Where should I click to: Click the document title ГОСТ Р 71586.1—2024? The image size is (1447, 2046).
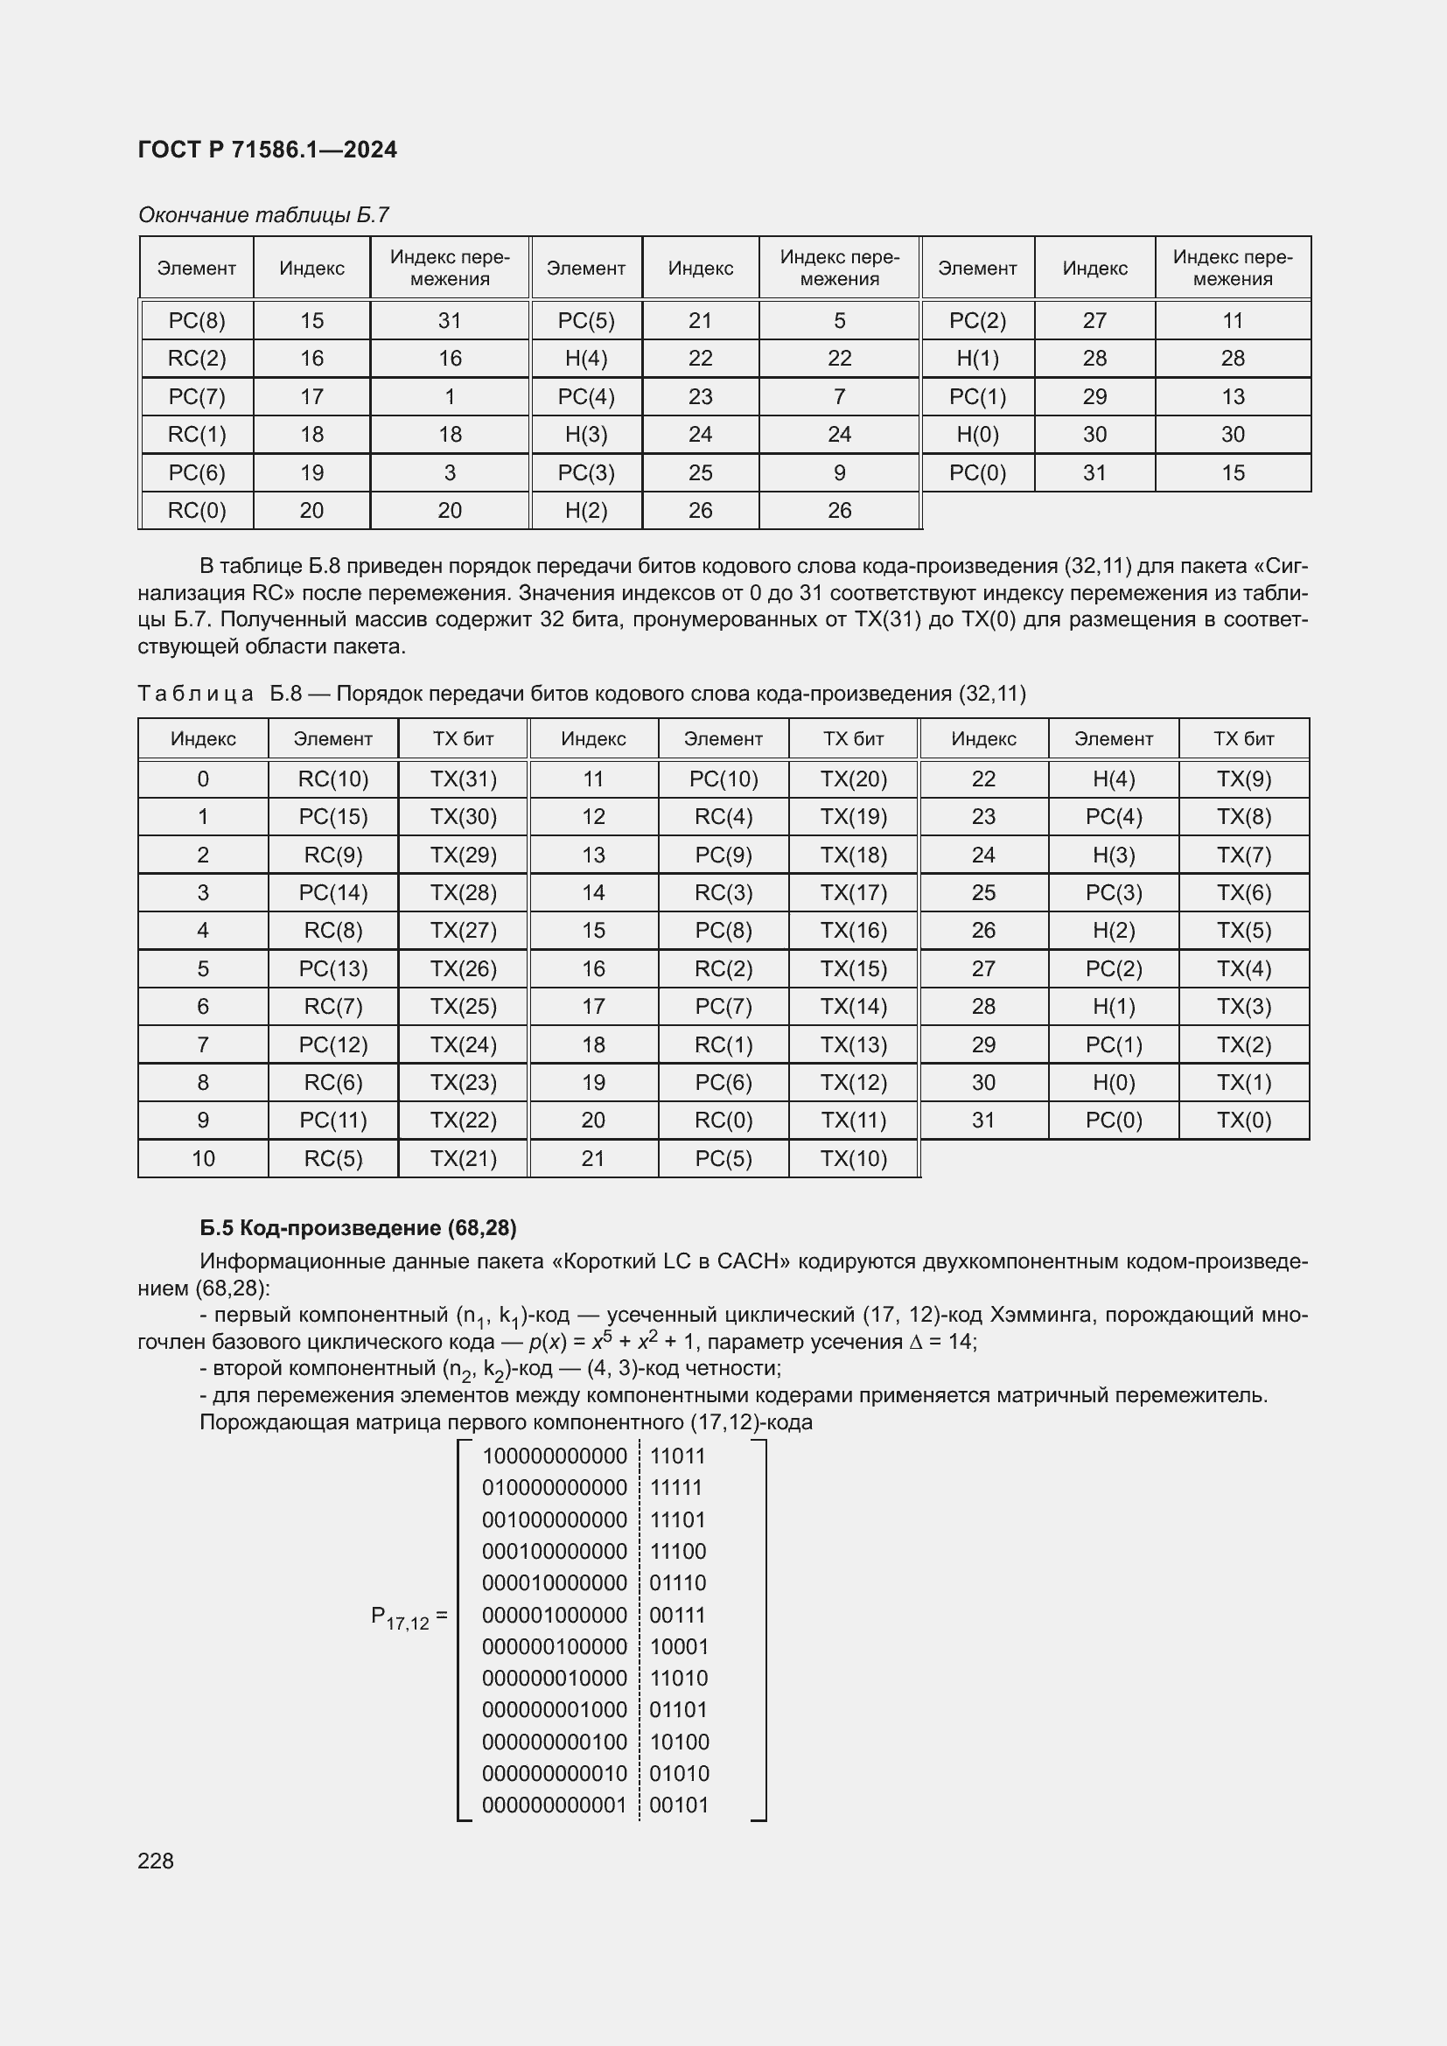[268, 150]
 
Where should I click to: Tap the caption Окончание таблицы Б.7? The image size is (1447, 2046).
[263, 215]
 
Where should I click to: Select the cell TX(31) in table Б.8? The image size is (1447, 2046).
[464, 779]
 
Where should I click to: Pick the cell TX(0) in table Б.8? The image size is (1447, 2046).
[1244, 1121]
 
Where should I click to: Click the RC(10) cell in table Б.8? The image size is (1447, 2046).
[333, 779]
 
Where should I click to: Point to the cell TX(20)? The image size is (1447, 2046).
[854, 779]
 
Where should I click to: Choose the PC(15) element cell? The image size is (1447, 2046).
[333, 817]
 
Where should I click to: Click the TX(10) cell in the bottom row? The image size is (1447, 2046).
[854, 1158]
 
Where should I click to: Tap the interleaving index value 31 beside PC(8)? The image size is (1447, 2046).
[450, 321]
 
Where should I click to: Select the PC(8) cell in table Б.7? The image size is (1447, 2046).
[197, 321]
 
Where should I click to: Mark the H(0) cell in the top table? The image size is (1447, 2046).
[977, 435]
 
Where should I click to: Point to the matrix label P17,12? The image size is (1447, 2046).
[402, 1617]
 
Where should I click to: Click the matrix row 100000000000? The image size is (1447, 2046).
[554, 1457]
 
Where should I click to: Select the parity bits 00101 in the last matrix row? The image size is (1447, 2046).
[679, 1806]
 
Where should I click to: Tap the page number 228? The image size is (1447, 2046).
[156, 1861]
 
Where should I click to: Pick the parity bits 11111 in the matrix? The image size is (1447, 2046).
[676, 1488]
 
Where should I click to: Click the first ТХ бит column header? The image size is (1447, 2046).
[464, 739]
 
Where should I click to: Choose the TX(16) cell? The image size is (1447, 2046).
[854, 932]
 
